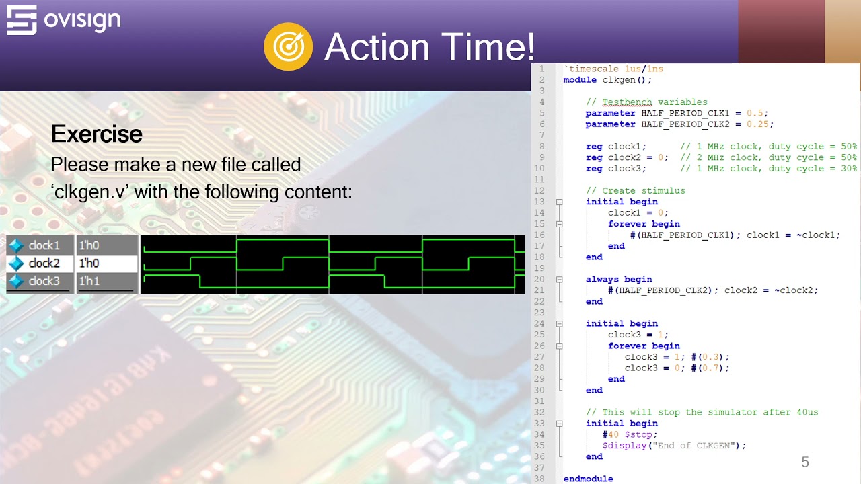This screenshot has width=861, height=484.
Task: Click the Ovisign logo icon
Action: click(x=22, y=20)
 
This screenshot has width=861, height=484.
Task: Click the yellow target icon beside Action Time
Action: click(x=288, y=46)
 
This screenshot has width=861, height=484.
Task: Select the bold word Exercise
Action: click(x=97, y=134)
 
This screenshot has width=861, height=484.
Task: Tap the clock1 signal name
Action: click(x=44, y=245)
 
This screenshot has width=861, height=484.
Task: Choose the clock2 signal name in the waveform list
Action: click(x=44, y=264)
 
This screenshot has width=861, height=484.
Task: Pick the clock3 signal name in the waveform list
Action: click(x=44, y=281)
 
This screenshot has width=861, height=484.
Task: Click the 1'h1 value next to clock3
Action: click(x=89, y=281)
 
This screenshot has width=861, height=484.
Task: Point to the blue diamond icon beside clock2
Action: click(x=16, y=264)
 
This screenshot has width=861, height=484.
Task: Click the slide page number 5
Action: click(x=805, y=462)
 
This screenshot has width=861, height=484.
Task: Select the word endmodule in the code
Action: click(x=588, y=479)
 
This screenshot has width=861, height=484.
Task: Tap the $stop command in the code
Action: click(x=638, y=434)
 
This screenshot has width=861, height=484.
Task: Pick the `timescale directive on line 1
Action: click(x=590, y=69)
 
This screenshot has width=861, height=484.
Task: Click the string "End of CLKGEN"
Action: click(x=696, y=445)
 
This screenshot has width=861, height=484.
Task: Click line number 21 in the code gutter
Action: click(x=539, y=290)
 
